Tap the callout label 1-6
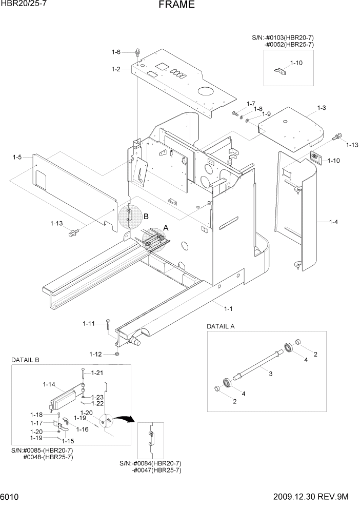tap(116, 52)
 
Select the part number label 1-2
tap(116, 69)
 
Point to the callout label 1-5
tap(17, 158)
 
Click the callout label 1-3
tap(322, 108)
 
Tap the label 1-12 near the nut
tap(95, 354)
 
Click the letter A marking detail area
tap(165, 227)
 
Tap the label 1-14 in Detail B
tap(49, 384)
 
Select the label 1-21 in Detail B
tap(97, 373)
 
